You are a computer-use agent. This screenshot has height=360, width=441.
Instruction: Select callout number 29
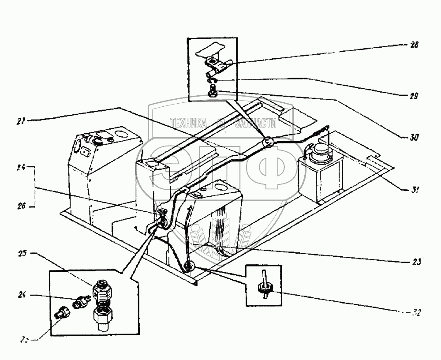tap(413, 95)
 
